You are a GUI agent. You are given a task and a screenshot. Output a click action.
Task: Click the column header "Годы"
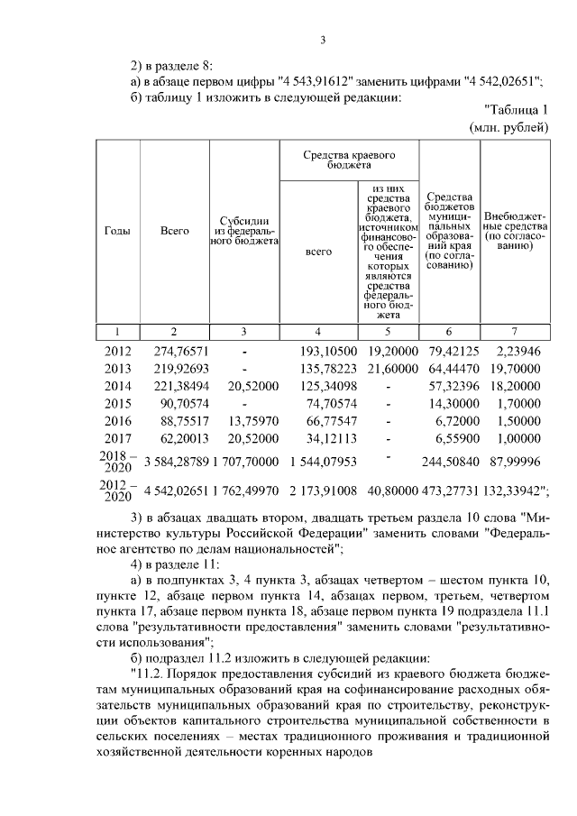point(117,231)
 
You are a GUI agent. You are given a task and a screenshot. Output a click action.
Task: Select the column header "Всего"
point(175,231)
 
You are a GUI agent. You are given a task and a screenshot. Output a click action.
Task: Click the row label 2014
point(118,388)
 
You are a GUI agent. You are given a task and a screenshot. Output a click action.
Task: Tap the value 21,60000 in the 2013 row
point(389,370)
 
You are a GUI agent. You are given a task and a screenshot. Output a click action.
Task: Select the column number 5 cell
point(389,331)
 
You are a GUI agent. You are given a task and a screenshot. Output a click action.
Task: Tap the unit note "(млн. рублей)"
point(510,129)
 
